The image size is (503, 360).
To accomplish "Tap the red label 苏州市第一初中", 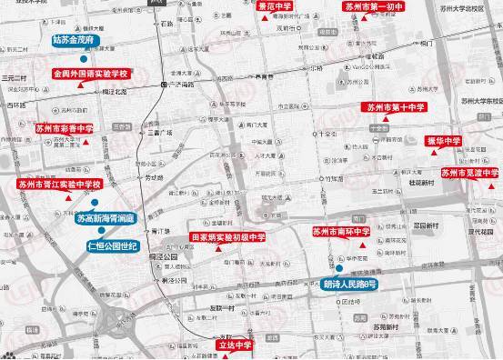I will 373,5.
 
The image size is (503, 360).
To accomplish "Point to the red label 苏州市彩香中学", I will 63,129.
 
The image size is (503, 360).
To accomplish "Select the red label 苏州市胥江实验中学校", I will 57,185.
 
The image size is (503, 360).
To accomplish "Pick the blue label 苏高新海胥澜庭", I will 105,219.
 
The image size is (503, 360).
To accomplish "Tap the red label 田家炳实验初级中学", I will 226,237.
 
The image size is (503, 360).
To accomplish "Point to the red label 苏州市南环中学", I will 340,231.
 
